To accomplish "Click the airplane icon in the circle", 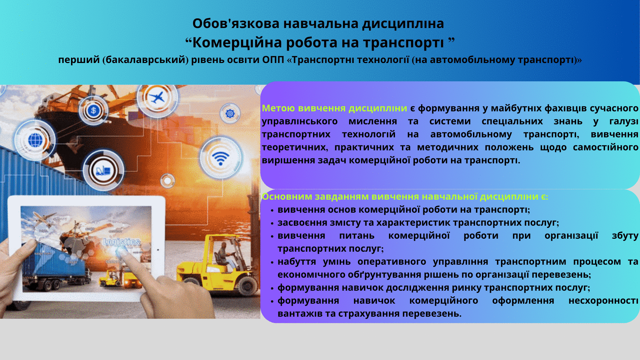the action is tap(157, 98).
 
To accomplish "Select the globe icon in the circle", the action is tap(35, 140).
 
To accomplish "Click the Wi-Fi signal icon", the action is tap(220, 158).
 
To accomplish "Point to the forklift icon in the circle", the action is tap(103, 171).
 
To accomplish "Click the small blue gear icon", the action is tap(230, 114).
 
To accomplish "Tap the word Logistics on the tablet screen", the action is tap(122, 242).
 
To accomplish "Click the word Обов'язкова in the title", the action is tap(236, 24).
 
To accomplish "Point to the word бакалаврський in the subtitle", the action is tap(145, 60).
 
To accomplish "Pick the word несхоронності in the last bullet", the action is tap(603, 301).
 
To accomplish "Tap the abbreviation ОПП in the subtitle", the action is tap(273, 60).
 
